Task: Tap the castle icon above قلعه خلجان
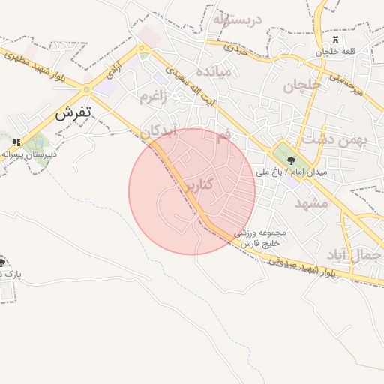[334, 38]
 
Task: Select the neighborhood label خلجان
[301, 85]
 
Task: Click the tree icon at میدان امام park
[291, 160]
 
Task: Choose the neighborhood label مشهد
[311, 203]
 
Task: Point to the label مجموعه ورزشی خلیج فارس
[260, 238]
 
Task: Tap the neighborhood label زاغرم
[154, 97]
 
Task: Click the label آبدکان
[160, 130]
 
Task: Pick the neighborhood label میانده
[217, 72]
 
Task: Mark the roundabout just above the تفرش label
[87, 90]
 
